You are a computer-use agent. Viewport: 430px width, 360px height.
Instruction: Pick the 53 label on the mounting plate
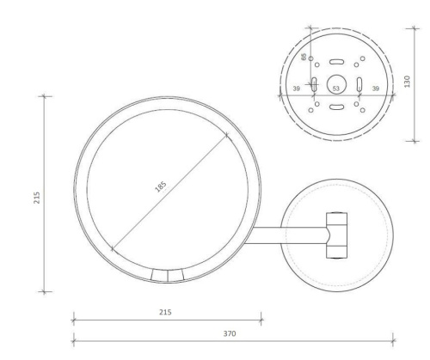click(336, 88)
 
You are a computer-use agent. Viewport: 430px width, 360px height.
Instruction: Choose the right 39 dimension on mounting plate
click(374, 88)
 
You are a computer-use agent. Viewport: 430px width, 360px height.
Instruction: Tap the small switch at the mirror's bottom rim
click(168, 275)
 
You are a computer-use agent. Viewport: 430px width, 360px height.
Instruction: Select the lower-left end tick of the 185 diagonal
click(112, 248)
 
